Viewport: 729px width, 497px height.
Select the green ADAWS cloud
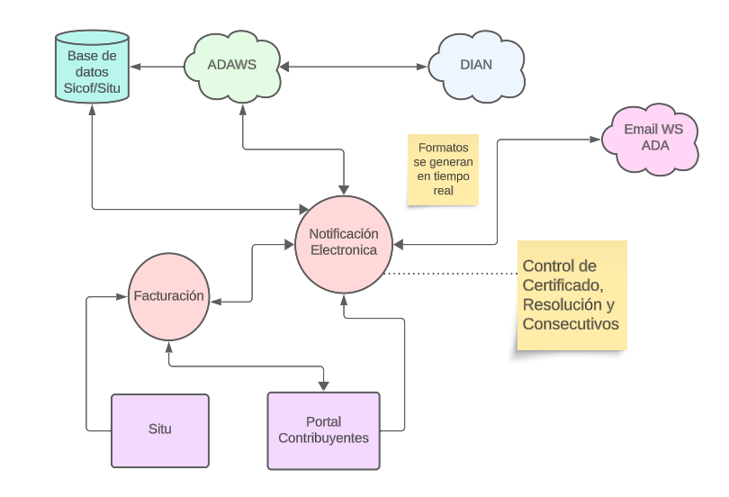231,66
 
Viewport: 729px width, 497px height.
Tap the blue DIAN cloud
476,66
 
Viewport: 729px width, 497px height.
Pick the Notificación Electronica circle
344,243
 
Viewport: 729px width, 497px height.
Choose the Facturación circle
169,296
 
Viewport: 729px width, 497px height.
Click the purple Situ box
160,430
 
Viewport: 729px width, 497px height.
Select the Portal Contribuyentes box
324,430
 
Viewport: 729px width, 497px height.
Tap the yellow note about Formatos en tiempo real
443,169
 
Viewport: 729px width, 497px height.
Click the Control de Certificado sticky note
571,294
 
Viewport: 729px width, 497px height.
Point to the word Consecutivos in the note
571,324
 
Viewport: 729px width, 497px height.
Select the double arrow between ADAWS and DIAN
354,67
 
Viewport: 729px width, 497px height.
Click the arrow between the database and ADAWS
157,67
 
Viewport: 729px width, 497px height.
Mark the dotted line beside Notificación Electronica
450,273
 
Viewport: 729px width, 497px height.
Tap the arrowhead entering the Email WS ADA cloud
596,140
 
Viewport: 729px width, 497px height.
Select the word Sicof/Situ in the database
92,88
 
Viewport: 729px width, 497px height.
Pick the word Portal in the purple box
324,422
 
